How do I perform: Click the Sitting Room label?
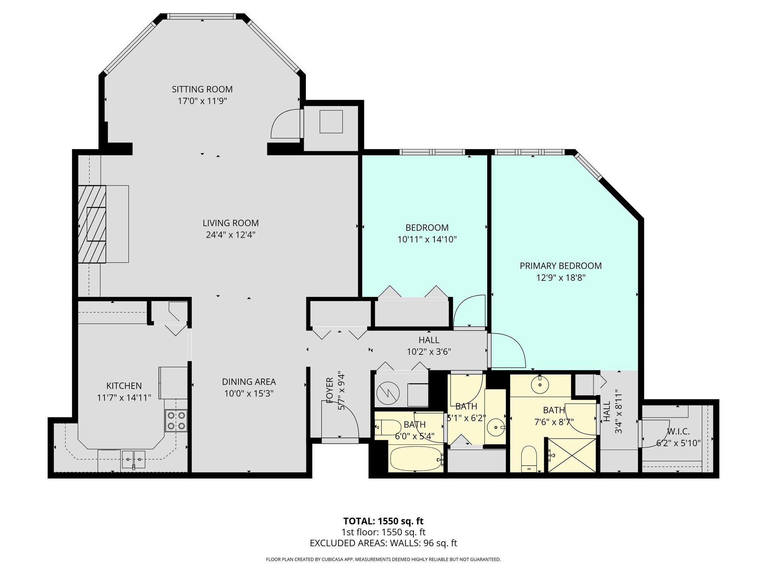click(202, 89)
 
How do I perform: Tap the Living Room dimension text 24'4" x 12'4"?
click(231, 235)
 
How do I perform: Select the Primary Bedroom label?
click(561, 266)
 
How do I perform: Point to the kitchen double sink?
click(133, 459)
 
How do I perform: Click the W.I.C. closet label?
click(678, 432)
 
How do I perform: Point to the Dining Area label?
click(249, 382)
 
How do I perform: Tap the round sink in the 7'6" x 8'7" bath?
click(540, 384)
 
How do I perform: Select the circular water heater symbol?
click(388, 393)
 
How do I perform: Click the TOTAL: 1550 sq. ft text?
click(383, 521)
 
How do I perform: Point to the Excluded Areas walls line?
click(383, 543)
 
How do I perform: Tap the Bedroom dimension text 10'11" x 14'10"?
click(427, 239)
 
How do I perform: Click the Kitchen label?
click(124, 386)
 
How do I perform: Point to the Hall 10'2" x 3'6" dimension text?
click(429, 352)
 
